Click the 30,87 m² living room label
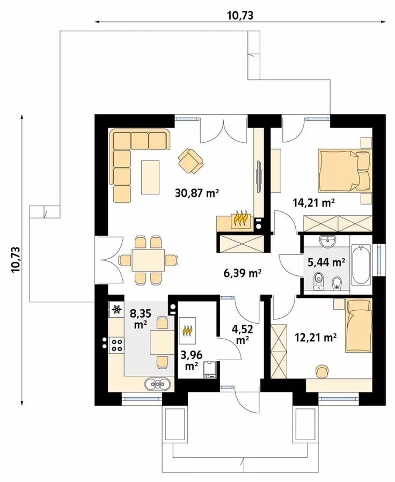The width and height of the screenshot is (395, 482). [x=197, y=193]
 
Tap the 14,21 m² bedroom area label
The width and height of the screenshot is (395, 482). [x=313, y=203]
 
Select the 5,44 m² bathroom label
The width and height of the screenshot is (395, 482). [x=326, y=262]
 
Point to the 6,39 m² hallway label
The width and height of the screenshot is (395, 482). [x=243, y=272]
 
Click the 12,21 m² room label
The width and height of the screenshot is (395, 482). [x=316, y=338]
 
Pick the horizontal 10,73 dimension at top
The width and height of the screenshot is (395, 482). [x=240, y=15]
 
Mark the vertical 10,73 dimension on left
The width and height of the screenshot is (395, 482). [x=16, y=259]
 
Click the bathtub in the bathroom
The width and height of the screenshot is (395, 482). [x=361, y=264]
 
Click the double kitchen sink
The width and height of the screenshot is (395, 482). [x=158, y=384]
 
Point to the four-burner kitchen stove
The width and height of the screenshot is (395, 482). [x=117, y=345]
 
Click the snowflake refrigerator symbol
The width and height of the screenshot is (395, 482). [x=116, y=309]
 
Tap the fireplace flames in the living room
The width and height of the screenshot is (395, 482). [x=240, y=218]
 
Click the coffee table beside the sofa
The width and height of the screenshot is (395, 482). [x=150, y=177]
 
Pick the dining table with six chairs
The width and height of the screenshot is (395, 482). [x=148, y=260]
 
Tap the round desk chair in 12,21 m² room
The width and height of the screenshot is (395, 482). [x=321, y=371]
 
